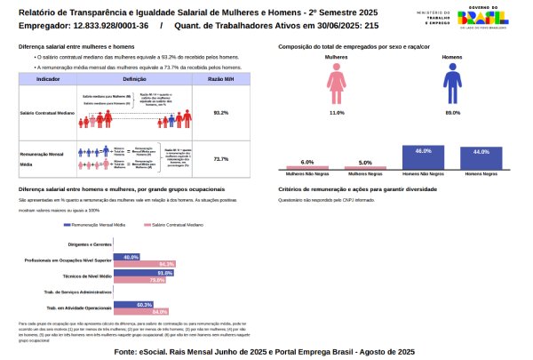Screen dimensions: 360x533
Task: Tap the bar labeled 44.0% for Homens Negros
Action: (481, 158)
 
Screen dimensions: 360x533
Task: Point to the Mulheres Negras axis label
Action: (365, 175)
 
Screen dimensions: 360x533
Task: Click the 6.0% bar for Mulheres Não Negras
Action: (307, 165)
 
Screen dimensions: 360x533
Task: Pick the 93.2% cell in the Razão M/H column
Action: (221, 113)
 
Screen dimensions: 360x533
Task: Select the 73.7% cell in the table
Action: (221, 159)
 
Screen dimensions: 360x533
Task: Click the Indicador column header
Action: (47, 79)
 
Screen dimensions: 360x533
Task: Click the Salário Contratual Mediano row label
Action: (47, 113)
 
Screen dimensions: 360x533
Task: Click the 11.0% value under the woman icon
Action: (337, 114)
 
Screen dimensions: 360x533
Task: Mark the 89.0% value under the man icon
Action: (453, 114)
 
